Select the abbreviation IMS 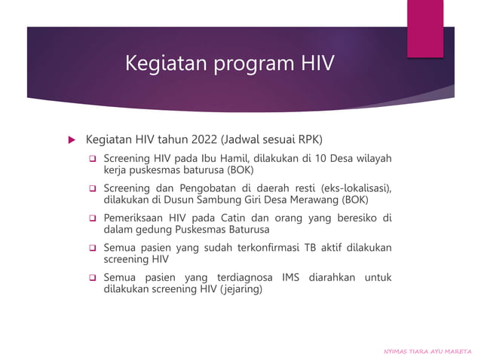tap(291, 277)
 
